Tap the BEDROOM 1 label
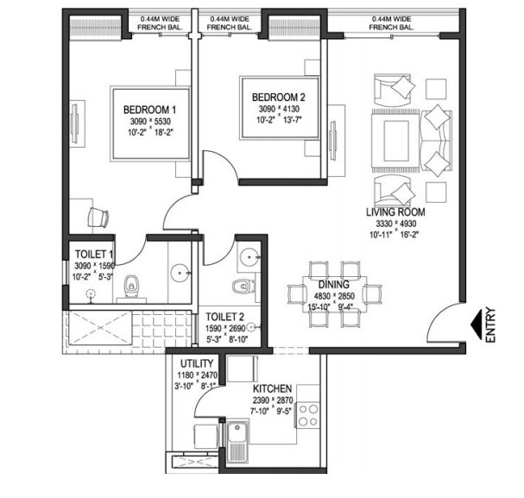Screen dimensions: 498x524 [149, 110]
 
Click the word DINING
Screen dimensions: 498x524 [333, 284]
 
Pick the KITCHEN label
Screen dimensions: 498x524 [272, 389]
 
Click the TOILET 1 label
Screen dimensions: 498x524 [95, 254]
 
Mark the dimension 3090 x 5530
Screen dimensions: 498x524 [149, 123]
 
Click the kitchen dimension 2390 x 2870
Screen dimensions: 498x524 [273, 400]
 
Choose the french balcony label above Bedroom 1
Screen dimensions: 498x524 [158, 22]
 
